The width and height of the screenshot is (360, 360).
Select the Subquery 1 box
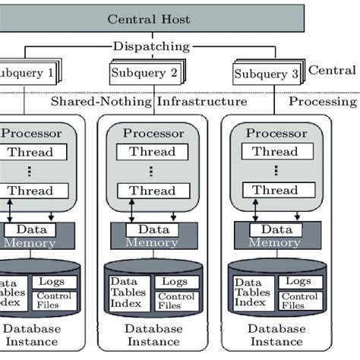(x=26, y=74)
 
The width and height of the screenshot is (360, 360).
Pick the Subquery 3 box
(x=266, y=74)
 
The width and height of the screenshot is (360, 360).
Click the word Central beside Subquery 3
(x=332, y=71)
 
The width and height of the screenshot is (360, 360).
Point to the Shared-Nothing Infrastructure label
(x=148, y=101)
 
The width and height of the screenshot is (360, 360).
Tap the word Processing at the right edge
(x=324, y=101)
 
